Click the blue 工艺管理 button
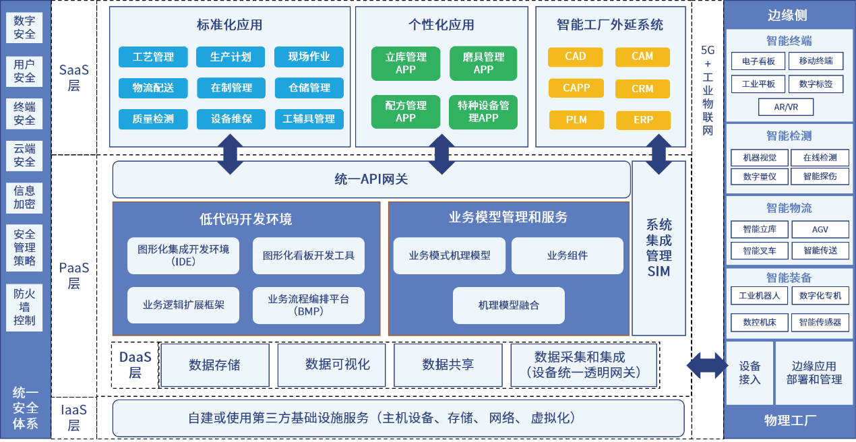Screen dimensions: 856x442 point(153,57)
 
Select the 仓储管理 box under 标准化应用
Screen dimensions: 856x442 point(309,88)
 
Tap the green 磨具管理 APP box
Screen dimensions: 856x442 point(483,63)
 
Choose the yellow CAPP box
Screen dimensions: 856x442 point(576,88)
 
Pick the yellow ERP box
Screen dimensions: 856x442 point(644,120)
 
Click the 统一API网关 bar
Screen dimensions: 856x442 point(371,179)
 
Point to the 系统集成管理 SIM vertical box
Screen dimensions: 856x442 point(659,248)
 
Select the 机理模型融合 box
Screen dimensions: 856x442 point(509,305)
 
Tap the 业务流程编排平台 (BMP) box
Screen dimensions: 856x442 point(309,305)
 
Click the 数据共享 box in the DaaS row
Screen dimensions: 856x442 point(448,365)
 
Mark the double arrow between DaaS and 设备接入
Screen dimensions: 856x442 point(707,366)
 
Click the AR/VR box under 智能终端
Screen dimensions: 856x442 point(786,107)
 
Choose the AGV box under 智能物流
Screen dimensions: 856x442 point(820,229)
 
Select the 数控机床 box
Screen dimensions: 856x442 point(760,323)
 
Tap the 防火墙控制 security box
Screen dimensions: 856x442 point(24,307)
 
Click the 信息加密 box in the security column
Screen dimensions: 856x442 point(24,197)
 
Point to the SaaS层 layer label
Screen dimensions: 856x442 point(73,77)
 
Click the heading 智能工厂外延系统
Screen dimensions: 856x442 point(610,25)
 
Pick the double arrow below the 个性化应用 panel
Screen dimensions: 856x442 point(441,154)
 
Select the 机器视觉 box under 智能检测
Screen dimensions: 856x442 point(760,158)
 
